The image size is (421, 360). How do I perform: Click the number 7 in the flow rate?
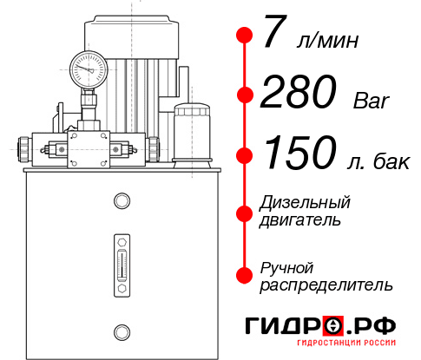coord(274,36)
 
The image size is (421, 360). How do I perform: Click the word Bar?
coord(372,102)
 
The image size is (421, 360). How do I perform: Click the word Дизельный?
coord(306,202)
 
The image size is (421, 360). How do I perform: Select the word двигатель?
coord(300,220)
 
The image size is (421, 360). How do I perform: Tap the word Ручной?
coord(286,266)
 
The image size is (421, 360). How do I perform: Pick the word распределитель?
coord(326,285)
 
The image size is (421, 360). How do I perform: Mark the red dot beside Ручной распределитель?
coord(245,275)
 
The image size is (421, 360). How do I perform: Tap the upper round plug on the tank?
coord(122,201)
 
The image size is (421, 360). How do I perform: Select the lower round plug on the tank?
coord(122,331)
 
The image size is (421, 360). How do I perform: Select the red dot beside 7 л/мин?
coord(245,36)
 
